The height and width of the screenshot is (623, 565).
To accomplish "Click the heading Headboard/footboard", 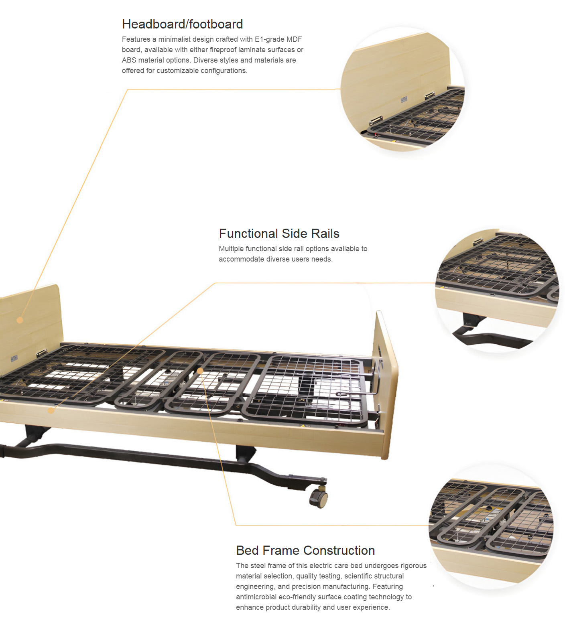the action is (182, 24).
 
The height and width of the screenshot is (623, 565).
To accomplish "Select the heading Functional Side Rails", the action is (279, 233).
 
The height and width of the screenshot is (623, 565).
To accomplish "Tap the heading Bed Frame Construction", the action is (305, 550).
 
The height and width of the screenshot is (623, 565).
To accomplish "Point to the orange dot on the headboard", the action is (20, 320).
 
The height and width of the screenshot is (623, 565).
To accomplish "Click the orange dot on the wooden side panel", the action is (51, 410).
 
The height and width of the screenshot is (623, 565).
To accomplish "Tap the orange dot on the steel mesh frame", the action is (199, 371).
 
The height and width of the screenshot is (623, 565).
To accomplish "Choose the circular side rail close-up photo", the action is (497, 290).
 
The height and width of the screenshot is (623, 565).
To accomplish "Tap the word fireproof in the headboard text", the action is (223, 50).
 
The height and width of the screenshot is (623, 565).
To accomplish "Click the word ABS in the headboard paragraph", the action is (129, 60).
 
